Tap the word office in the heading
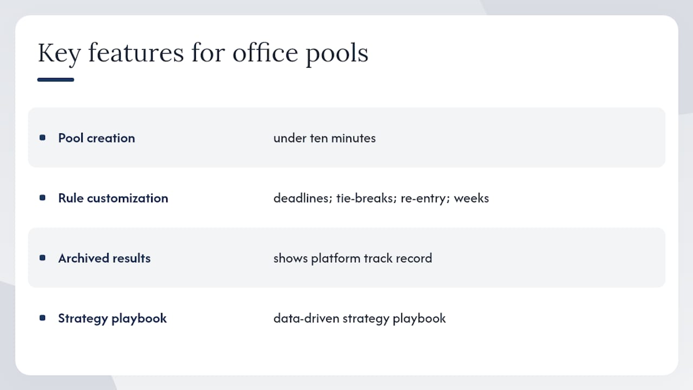[x=265, y=53]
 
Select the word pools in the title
[x=337, y=54]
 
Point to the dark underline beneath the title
[x=56, y=80]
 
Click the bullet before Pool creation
[x=42, y=138]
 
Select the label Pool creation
[x=96, y=138]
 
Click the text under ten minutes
[x=324, y=138]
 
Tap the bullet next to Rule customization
[x=42, y=198]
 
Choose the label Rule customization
[x=113, y=198]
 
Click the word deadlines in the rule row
[x=303, y=198]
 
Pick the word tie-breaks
[x=367, y=198]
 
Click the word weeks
[x=472, y=198]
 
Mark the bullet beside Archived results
[x=42, y=257]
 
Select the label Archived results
[x=104, y=258]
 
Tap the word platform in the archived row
[x=336, y=259]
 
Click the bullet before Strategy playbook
[x=42, y=317]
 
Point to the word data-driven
[x=306, y=318]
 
